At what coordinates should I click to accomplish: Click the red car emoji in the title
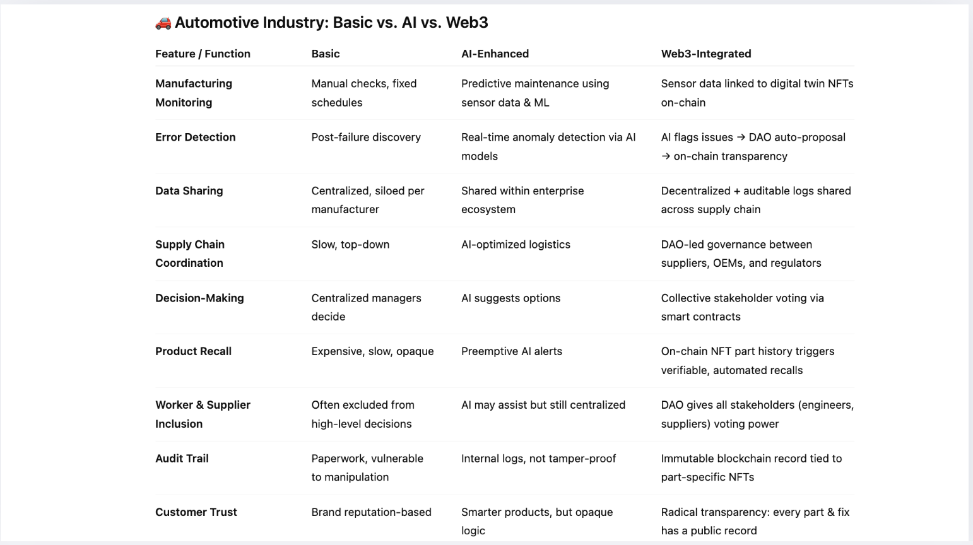point(163,23)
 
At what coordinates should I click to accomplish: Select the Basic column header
point(326,54)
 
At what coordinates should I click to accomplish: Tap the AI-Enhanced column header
point(495,54)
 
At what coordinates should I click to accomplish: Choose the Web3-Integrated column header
point(705,54)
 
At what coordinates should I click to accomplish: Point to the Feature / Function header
point(203,54)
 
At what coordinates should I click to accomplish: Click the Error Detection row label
point(195,137)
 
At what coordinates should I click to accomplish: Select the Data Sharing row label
point(189,190)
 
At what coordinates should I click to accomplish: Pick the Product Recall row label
point(193,351)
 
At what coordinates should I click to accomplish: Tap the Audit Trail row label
point(182,459)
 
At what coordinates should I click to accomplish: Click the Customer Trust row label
point(196,512)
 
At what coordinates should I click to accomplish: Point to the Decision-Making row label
point(199,298)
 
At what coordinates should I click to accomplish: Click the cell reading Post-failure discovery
point(365,137)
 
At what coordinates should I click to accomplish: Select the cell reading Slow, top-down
point(350,244)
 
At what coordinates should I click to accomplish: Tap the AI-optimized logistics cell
point(516,244)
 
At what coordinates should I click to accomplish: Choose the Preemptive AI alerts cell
point(511,351)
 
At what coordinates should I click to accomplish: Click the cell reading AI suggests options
point(510,298)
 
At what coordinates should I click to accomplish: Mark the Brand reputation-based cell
point(371,512)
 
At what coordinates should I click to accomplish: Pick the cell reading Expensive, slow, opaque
point(372,351)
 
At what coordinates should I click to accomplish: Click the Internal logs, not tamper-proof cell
point(538,459)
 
